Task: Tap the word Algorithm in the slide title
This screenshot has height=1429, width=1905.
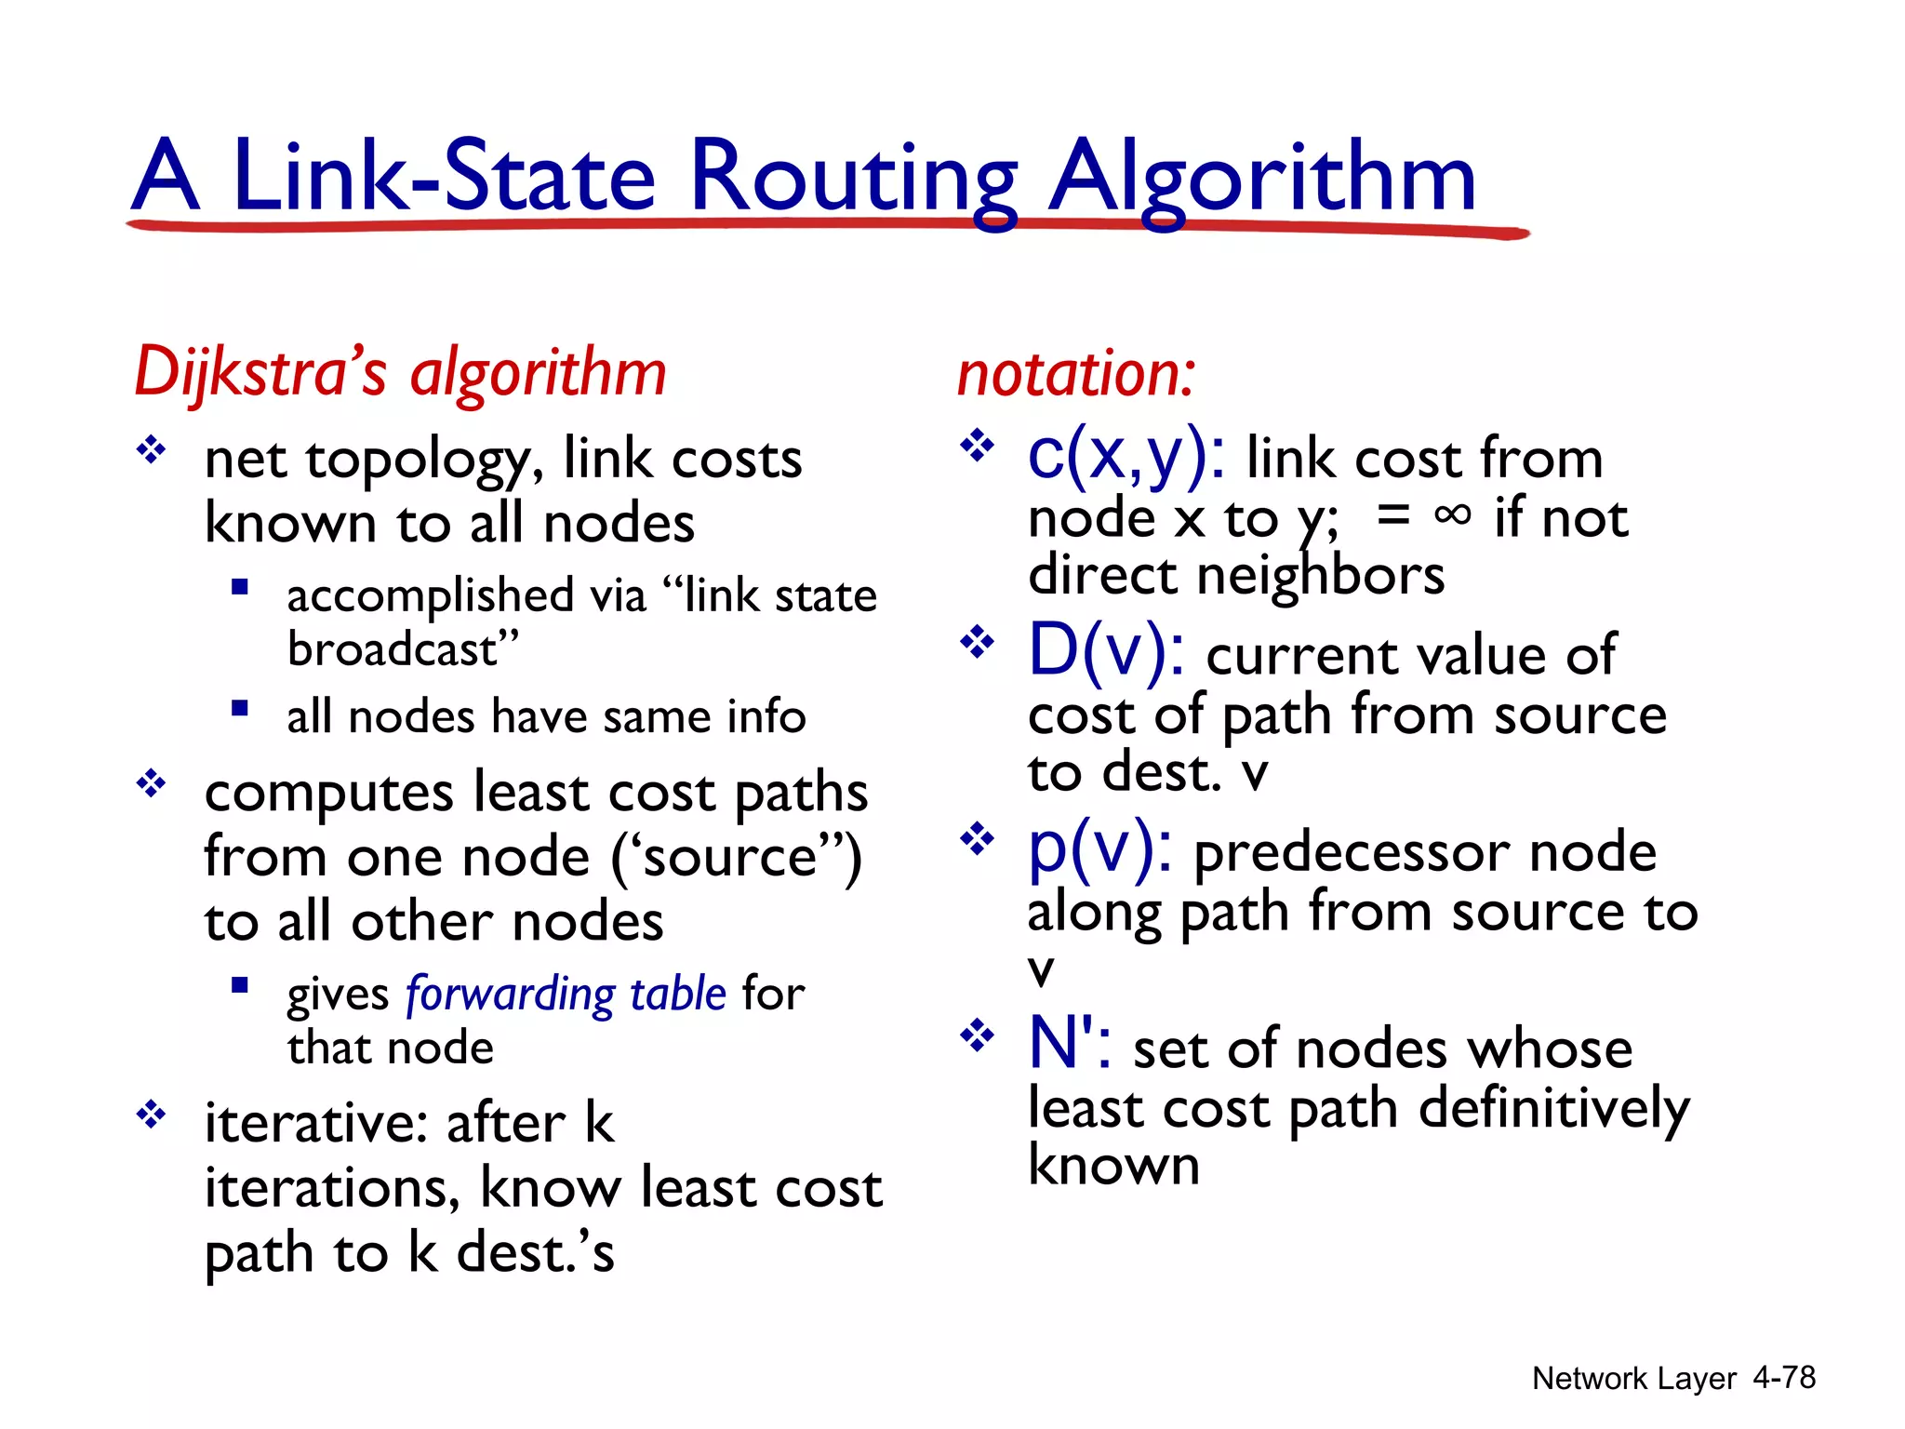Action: [x=1261, y=177]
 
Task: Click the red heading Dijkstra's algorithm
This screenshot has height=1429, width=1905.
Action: [x=400, y=372]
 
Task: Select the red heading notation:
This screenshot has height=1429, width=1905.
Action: [x=1076, y=374]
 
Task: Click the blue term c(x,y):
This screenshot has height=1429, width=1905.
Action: [x=1126, y=456]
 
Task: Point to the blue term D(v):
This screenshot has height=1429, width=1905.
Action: [x=1106, y=650]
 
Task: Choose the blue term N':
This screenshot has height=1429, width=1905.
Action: [x=1069, y=1043]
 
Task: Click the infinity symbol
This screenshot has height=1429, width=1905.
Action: [x=1452, y=514]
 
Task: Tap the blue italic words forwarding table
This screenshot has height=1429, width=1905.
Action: [x=566, y=994]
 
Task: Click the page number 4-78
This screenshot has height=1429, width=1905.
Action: [x=1783, y=1378]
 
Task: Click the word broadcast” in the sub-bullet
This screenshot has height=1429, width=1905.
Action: [x=403, y=648]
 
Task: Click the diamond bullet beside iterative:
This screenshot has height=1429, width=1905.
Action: [x=151, y=1114]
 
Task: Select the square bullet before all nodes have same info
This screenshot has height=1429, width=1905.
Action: [x=240, y=710]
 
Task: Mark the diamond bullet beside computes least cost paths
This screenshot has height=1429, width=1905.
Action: [x=151, y=784]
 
